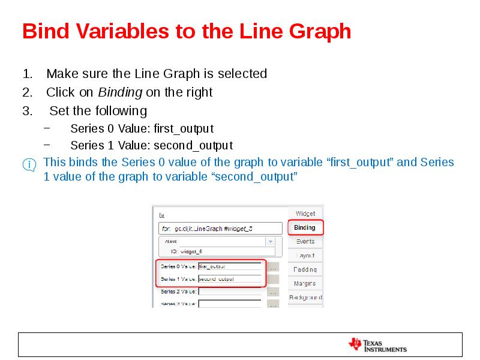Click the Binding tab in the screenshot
tap(305, 227)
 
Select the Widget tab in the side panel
tap(305, 214)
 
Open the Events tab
tap(305, 241)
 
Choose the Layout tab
tap(305, 256)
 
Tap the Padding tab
tap(305, 269)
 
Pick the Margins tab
tap(305, 283)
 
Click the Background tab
tap(305, 297)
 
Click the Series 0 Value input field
tap(229, 266)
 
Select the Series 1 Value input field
tap(229, 278)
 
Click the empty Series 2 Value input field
tap(229, 292)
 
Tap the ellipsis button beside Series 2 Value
tap(273, 292)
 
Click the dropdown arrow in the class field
tap(270, 241)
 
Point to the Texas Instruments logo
tap(377, 345)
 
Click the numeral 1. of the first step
tap(27, 74)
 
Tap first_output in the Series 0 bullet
tap(184, 128)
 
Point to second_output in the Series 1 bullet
tap(193, 146)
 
